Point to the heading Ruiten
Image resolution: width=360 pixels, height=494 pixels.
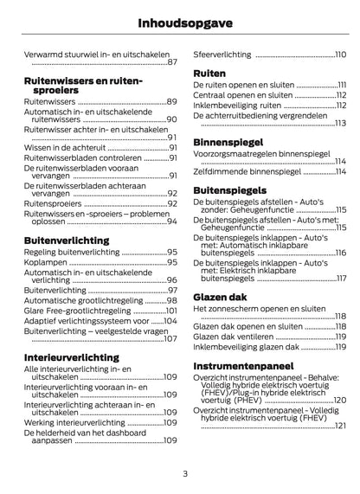click(209, 73)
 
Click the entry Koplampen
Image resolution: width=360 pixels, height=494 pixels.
click(45, 262)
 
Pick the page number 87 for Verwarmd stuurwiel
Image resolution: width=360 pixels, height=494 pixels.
click(171, 62)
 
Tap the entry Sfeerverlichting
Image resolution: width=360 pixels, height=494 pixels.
click(222, 55)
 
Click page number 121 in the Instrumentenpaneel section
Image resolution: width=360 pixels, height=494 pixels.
click(339, 426)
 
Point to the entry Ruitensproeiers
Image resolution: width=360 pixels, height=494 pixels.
click(54, 203)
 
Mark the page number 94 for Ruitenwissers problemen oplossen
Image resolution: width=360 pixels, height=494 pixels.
click(171, 222)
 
